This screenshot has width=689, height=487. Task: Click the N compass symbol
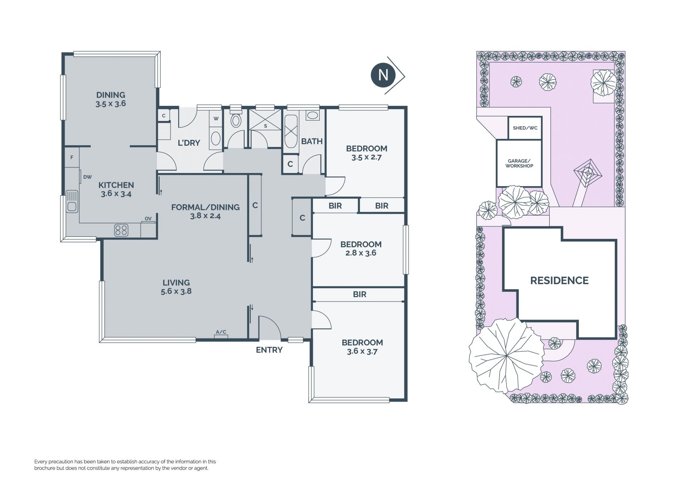(x=384, y=75)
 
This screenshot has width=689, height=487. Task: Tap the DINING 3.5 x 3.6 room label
(x=111, y=99)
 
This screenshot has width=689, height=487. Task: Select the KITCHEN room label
(x=116, y=185)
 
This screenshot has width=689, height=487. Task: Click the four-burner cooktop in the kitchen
(x=121, y=230)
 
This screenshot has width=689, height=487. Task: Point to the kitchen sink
(x=72, y=201)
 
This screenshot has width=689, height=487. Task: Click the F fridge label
(x=72, y=158)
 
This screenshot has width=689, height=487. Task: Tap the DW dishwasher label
(x=87, y=177)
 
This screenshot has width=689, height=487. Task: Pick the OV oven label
(x=148, y=219)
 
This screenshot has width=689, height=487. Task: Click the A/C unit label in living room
(x=221, y=332)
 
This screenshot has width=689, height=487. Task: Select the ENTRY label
(x=269, y=350)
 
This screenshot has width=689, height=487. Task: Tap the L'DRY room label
(x=189, y=143)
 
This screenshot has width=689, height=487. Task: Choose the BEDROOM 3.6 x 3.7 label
(x=362, y=347)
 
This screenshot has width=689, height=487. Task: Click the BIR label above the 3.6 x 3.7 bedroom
(x=360, y=294)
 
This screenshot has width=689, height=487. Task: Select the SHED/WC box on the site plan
(x=525, y=128)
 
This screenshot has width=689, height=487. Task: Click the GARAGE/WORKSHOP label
(x=519, y=164)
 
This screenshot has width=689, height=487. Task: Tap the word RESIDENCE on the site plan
(x=559, y=281)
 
